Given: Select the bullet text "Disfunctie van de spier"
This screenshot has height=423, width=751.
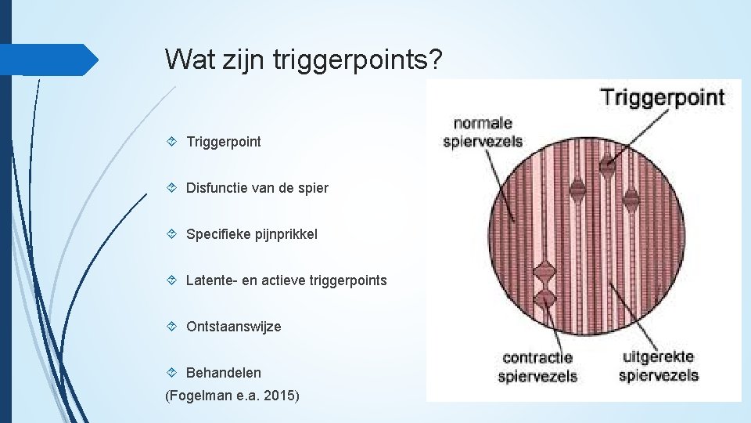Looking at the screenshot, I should point(257,188).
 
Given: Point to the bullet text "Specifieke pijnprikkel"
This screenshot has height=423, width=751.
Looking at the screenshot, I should point(251,234).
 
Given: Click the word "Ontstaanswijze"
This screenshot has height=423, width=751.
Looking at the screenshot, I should point(233,327).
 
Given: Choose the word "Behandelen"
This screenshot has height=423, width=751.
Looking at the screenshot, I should point(223,373).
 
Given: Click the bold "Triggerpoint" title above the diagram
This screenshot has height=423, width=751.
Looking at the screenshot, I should point(662,98).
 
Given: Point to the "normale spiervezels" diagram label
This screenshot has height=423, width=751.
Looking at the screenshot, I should point(483,132).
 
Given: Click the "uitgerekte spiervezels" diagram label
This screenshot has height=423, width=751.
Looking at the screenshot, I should point(658,366).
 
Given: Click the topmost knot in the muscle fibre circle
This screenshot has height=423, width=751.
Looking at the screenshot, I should point(607,164).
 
